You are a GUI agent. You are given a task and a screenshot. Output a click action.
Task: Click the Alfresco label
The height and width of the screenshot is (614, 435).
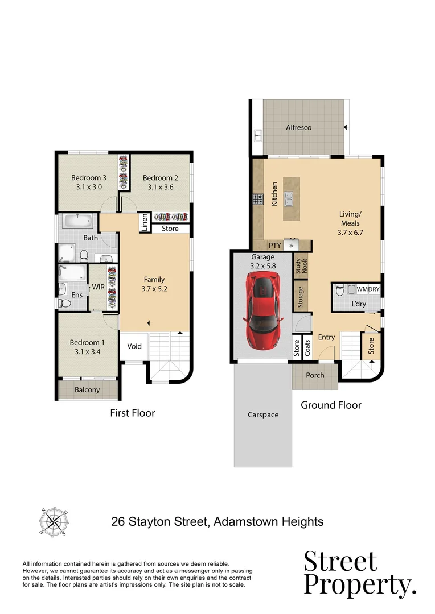tap(298, 128)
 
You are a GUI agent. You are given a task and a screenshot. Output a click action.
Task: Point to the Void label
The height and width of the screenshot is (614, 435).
tap(134, 346)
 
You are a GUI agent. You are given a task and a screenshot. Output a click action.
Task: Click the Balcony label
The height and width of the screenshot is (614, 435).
tap(87, 390)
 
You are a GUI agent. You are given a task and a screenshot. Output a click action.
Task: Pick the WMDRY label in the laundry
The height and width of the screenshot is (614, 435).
tap(368, 289)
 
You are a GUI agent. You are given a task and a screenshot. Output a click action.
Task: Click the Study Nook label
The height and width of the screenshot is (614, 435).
tap(301, 267)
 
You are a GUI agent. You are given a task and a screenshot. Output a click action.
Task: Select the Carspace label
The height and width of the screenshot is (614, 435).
tap(263, 414)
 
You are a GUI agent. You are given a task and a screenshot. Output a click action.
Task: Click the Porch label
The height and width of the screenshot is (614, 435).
tap(315, 375)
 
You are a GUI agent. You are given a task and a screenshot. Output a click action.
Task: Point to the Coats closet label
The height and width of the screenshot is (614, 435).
tap(307, 348)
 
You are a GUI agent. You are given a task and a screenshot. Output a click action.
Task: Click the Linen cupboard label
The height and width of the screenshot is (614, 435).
tap(144, 223)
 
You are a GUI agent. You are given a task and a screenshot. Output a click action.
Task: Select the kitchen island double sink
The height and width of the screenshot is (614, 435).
tap(290, 199)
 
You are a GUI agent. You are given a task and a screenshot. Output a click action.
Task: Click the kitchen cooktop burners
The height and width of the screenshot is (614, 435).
tap(258, 200)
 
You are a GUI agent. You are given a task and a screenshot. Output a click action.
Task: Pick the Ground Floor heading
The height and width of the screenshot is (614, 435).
tap(331, 405)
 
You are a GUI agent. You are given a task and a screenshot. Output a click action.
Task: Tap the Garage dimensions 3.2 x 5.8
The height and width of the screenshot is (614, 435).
tap(263, 265)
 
